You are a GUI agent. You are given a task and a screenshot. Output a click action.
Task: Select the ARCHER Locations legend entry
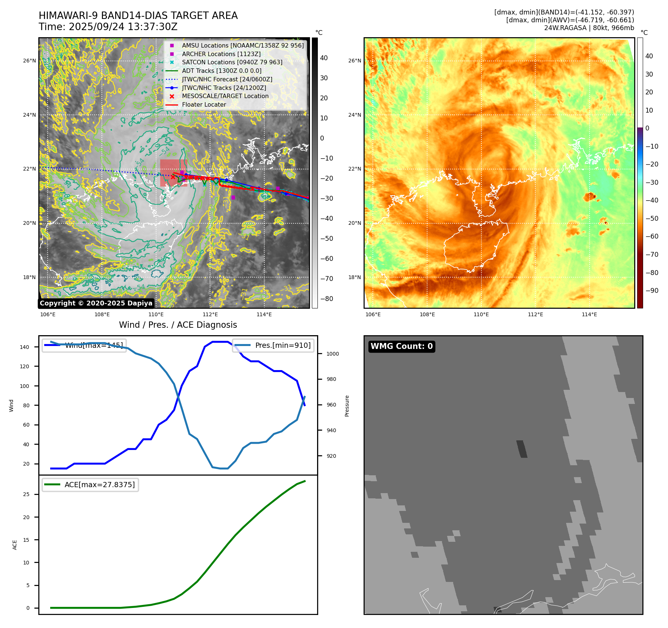(221, 54)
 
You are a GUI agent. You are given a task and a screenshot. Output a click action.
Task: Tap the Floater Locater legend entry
(204, 105)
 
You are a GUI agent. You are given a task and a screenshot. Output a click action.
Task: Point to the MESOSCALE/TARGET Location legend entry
(225, 96)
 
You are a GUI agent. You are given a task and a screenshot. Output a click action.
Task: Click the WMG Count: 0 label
(401, 346)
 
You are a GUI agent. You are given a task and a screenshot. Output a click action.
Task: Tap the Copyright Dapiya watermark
(96, 303)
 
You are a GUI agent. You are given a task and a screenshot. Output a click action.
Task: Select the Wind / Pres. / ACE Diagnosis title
(178, 325)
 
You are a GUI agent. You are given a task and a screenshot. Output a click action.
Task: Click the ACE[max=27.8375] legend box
(90, 485)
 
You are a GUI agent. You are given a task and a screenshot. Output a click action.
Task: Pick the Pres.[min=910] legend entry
(273, 345)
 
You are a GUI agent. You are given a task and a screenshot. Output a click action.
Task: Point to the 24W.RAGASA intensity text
(589, 28)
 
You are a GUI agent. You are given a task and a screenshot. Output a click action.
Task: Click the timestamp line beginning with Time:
(108, 27)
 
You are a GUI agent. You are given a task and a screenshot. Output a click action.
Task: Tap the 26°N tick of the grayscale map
(29, 61)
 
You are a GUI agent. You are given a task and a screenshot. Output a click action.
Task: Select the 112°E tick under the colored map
(535, 315)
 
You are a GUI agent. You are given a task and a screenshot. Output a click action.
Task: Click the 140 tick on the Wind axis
(24, 347)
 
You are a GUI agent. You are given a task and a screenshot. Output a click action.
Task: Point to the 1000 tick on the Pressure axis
(332, 354)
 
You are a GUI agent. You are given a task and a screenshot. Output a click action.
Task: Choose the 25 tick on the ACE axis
(26, 494)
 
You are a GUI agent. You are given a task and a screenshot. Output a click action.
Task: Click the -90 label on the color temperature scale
(652, 291)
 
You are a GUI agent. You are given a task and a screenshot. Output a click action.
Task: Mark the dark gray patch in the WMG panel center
(522, 449)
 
